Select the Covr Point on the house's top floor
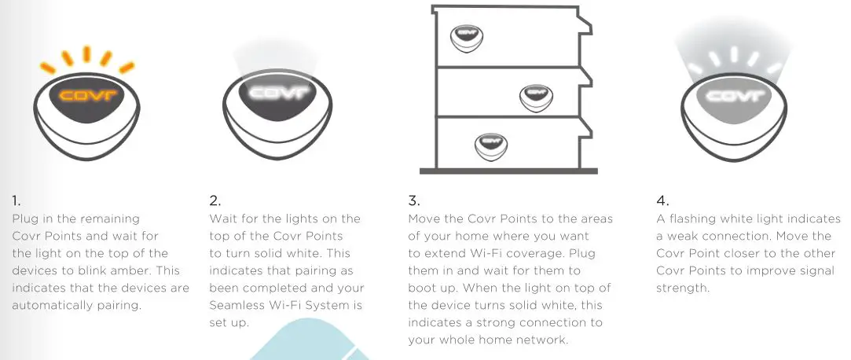click(466, 35)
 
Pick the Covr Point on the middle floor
click(537, 96)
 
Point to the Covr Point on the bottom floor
click(490, 144)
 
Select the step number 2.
click(215, 200)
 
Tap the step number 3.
click(413, 200)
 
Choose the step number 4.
click(662, 200)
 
